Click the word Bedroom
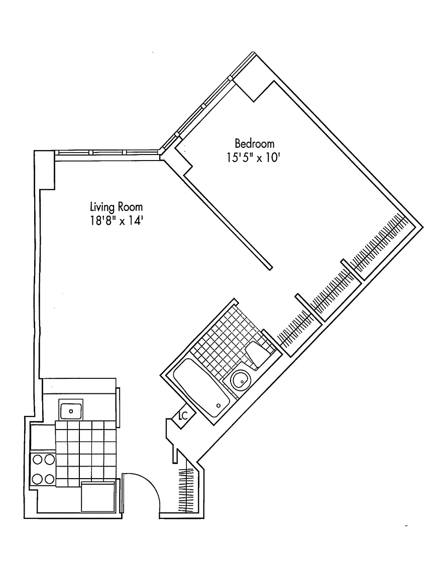[x=254, y=143]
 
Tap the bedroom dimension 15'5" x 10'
[x=253, y=158]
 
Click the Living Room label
[x=117, y=207]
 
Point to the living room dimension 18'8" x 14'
[x=117, y=221]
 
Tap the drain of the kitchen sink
[x=71, y=411]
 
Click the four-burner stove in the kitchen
[x=43, y=469]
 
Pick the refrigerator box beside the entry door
[x=98, y=496]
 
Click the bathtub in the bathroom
[x=201, y=391]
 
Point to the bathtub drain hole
[x=218, y=405]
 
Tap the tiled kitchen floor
[x=86, y=453]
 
